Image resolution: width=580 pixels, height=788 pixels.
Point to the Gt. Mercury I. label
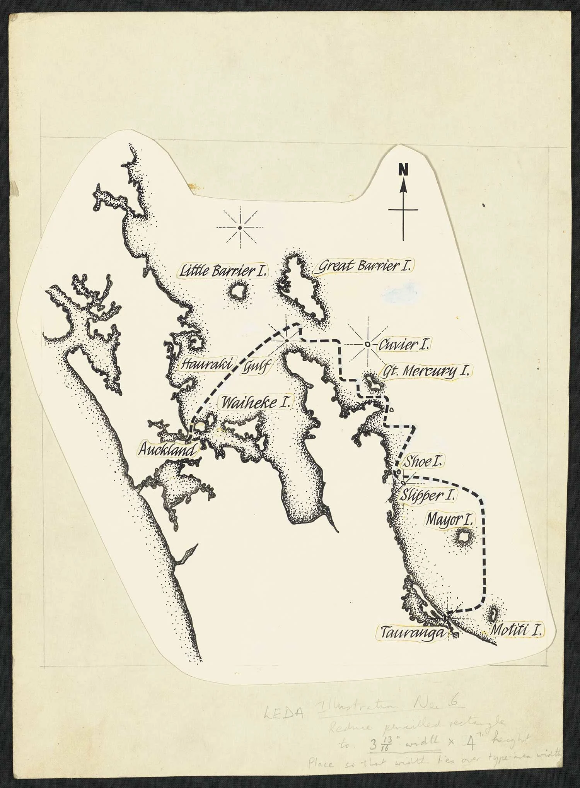pyautogui.click(x=426, y=372)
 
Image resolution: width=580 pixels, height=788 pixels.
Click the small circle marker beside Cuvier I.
pyautogui.click(x=367, y=344)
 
